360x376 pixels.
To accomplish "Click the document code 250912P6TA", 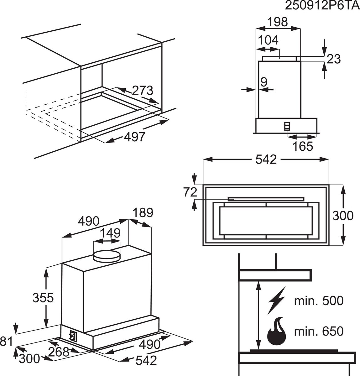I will [322, 6].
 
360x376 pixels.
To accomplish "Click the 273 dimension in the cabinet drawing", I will [143, 91].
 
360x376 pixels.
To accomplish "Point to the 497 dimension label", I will [135, 137].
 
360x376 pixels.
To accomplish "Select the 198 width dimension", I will [278, 22].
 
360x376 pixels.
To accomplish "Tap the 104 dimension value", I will [268, 40].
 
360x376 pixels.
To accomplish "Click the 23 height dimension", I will [333, 59].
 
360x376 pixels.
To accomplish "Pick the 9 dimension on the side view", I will [263, 82].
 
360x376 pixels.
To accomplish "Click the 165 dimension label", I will [303, 146].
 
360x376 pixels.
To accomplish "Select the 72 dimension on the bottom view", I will [190, 192].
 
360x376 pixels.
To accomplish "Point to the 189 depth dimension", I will [143, 213].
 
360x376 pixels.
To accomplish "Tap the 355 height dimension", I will [43, 298].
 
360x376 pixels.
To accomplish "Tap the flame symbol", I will [277, 332].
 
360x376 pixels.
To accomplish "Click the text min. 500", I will [319, 301].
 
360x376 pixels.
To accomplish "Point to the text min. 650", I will [319, 331].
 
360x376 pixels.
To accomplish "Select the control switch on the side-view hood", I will [287, 126].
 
